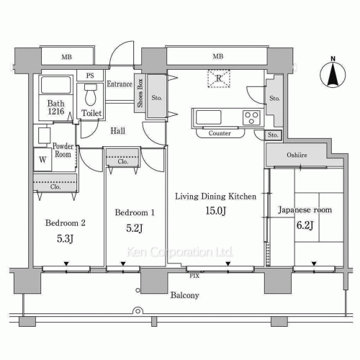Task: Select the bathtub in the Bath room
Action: click(56, 85)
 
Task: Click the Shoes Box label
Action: click(140, 93)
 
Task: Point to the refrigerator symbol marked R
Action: click(219, 78)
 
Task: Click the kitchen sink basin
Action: click(208, 117)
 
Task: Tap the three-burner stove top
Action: click(251, 118)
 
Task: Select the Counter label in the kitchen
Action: click(220, 133)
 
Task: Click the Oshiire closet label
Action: click(297, 155)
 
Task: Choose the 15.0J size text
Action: click(215, 211)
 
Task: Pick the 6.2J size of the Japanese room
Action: click(305, 225)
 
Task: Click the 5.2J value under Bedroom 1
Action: click(135, 228)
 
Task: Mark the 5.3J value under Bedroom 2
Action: click(65, 239)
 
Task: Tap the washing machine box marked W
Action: click(42, 159)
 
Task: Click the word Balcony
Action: click(185, 295)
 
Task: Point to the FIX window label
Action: click(194, 276)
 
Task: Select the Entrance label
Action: click(120, 84)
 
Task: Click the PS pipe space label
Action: click(90, 76)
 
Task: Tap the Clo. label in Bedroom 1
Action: click(122, 162)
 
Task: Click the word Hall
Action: click(118, 131)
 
